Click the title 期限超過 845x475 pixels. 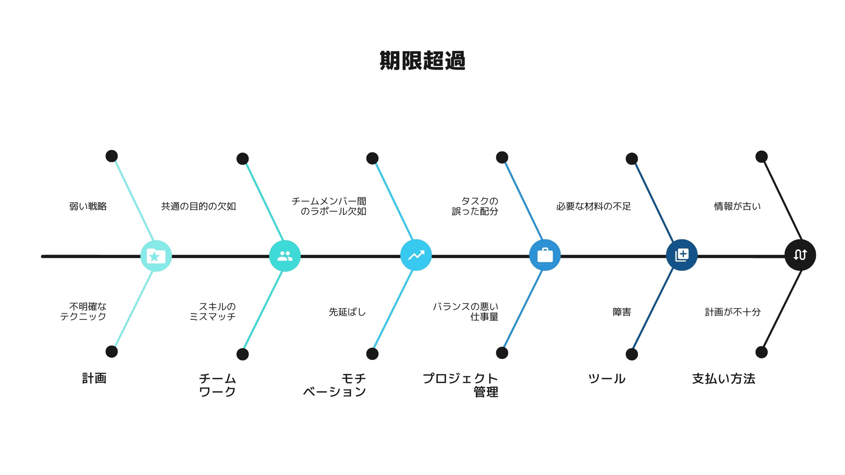(x=422, y=61)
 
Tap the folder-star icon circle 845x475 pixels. (x=156, y=256)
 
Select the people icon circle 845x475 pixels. (x=285, y=256)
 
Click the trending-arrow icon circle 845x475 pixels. (x=416, y=255)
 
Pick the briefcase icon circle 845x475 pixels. (x=544, y=255)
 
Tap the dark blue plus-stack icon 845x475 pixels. (x=682, y=255)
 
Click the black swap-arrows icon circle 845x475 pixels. (x=800, y=255)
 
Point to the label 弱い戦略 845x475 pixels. (x=88, y=206)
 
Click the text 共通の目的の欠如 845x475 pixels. (x=199, y=206)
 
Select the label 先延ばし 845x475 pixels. (x=347, y=312)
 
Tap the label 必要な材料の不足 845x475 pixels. (x=594, y=206)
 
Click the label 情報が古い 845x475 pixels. (x=737, y=206)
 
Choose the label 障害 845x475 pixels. (x=622, y=312)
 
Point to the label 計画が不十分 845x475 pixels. (x=733, y=312)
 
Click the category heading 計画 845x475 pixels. (x=95, y=378)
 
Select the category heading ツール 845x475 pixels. (x=607, y=378)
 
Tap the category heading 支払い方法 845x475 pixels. (x=724, y=378)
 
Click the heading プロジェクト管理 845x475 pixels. (x=460, y=385)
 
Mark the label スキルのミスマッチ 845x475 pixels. (x=213, y=311)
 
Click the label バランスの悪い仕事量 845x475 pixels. (x=465, y=311)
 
